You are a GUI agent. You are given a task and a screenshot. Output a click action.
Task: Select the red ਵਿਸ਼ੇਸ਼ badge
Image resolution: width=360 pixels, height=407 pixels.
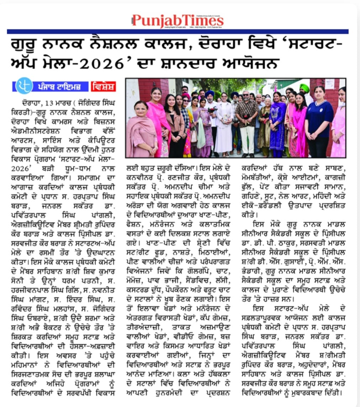pyautogui.click(x=103, y=87)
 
